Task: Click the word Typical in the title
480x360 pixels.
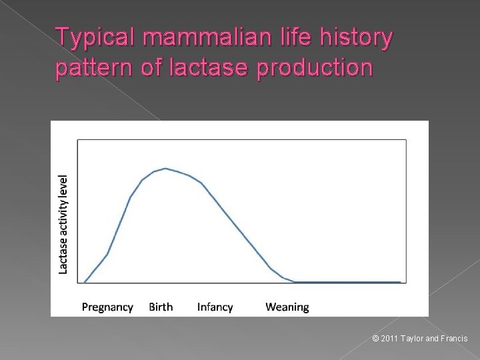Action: pos(93,39)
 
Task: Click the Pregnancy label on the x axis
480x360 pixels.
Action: pos(107,307)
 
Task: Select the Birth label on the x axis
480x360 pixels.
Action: pos(161,307)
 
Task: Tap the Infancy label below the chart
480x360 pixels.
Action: pos(215,307)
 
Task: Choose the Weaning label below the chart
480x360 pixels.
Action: pos(287,307)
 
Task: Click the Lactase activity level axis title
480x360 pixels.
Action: pos(63,224)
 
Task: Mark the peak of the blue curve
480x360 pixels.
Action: pos(165,169)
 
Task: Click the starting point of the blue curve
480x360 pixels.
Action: pos(84,282)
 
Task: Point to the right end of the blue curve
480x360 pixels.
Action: pos(401,282)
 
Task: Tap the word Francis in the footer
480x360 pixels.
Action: pos(455,339)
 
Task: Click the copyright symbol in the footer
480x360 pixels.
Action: pos(375,339)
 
